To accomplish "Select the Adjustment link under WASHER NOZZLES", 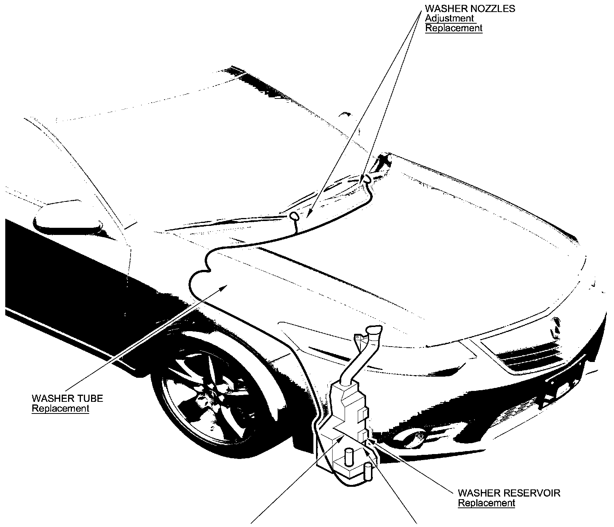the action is (x=449, y=18).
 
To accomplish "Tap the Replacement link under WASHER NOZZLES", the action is (x=453, y=28).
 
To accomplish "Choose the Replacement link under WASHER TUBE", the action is (x=60, y=408).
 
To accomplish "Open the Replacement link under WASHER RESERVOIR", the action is (x=486, y=503).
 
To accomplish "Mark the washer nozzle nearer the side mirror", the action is (x=294, y=216).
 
